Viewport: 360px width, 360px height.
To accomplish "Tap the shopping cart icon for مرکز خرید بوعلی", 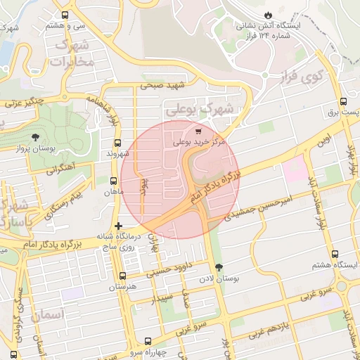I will [198, 131].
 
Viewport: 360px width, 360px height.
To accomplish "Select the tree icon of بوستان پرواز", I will [36, 136].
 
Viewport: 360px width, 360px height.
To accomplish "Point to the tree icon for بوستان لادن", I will [220, 266].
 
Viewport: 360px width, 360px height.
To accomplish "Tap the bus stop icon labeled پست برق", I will [343, 101].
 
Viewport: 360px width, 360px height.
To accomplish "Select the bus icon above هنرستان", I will [123, 276].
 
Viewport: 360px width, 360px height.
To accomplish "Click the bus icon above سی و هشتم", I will [65, 15].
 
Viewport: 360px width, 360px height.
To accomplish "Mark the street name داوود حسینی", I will [173, 266].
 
